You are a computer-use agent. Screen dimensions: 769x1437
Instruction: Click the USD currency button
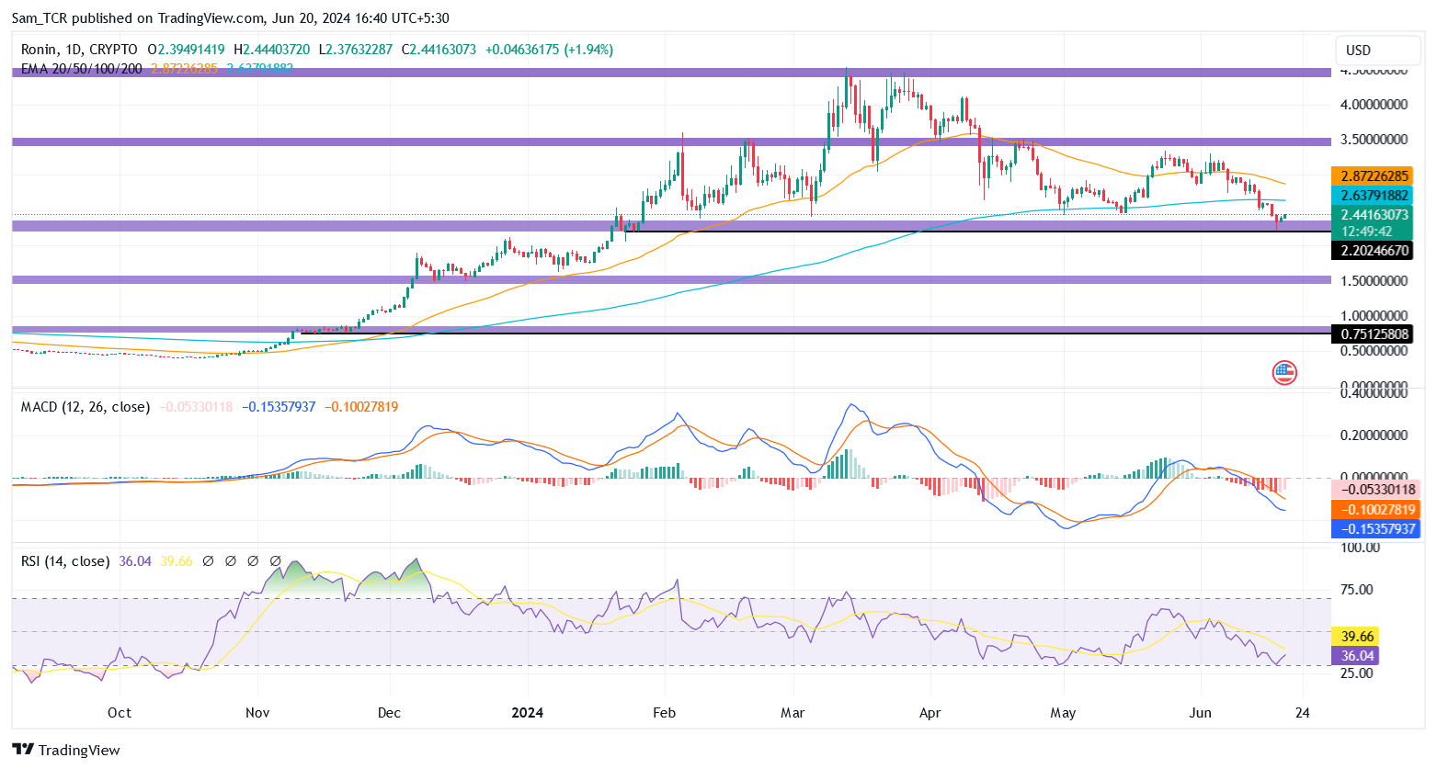point(1358,51)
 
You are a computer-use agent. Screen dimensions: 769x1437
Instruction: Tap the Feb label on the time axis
point(664,713)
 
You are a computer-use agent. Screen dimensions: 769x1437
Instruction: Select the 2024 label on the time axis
point(527,713)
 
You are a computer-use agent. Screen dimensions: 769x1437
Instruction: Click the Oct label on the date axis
point(119,713)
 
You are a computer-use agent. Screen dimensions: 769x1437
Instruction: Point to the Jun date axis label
point(1200,713)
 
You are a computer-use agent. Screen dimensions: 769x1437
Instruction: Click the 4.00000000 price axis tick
point(1374,105)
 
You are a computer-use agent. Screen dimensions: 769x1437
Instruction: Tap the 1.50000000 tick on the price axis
point(1374,280)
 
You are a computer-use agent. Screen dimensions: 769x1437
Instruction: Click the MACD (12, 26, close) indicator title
point(86,407)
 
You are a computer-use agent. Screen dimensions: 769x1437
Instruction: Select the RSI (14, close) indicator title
point(65,561)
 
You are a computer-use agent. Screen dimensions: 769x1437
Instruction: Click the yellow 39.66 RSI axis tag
point(1357,636)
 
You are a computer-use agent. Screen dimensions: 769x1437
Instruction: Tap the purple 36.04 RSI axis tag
point(1357,655)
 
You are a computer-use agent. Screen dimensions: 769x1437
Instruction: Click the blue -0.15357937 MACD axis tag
point(1374,528)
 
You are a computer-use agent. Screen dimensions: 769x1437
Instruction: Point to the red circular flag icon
point(1284,372)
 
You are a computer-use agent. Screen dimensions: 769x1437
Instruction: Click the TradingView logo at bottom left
point(66,750)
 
